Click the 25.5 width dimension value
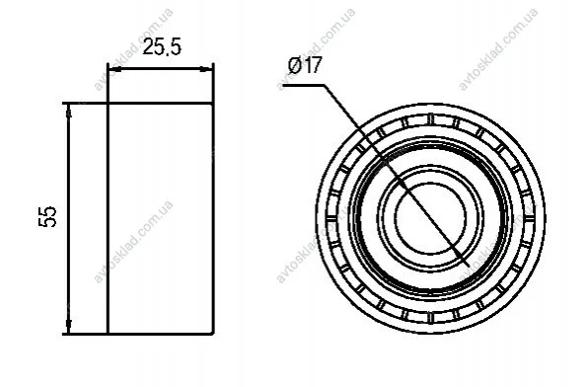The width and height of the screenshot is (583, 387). pos(162,47)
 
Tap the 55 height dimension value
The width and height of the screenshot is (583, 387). pos(47,216)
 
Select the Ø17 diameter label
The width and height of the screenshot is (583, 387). pos(305,65)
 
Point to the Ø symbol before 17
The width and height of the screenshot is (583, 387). pos(295,66)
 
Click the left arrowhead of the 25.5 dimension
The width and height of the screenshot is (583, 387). pos(114,69)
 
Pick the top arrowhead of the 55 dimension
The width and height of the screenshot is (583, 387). pos(68,111)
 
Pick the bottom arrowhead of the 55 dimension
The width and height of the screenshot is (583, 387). pos(68,327)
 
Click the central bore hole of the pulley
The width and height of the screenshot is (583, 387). pos(430,218)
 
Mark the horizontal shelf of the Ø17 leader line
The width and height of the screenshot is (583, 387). pos(304,86)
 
